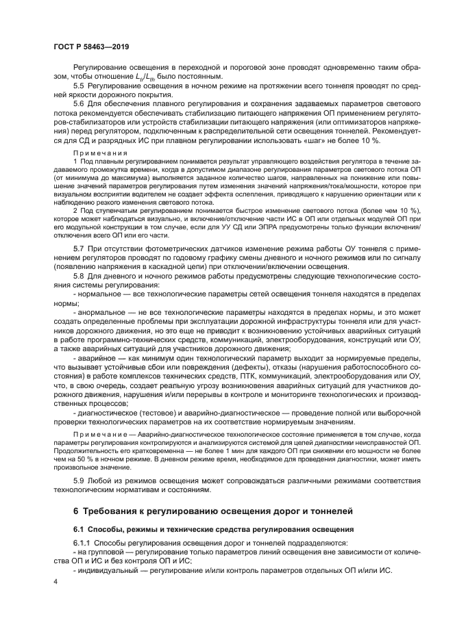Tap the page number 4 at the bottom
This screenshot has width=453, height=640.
click(x=56, y=581)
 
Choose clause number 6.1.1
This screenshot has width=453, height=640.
click(x=82, y=543)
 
